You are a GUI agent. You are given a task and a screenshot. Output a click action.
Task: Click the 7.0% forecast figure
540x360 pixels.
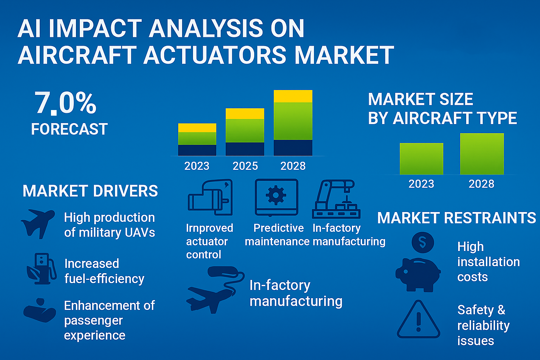click(x=65, y=103)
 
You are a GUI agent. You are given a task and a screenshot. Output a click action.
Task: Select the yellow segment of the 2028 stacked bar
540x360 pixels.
click(x=293, y=96)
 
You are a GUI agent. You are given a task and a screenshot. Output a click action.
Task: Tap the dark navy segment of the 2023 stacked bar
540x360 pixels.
click(x=197, y=150)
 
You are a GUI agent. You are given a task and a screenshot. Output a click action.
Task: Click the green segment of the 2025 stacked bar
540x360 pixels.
click(x=245, y=131)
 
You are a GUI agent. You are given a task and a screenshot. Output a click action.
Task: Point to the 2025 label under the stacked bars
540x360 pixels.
click(x=245, y=166)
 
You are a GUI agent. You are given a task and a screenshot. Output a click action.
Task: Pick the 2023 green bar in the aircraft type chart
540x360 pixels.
click(x=422, y=159)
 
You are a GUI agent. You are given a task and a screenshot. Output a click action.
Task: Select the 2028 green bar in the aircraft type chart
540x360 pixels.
click(x=482, y=154)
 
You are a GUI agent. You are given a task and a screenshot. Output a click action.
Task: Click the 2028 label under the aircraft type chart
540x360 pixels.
click(x=481, y=184)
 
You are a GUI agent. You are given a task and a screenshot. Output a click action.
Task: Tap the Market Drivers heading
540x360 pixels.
click(x=90, y=191)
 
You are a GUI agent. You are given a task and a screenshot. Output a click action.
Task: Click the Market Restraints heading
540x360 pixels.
click(x=457, y=218)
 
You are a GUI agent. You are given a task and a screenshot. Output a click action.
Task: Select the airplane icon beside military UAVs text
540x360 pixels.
click(x=38, y=224)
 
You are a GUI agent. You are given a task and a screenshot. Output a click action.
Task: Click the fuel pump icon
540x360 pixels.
click(x=42, y=269)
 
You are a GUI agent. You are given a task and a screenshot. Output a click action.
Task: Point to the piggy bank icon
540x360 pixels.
click(x=418, y=275)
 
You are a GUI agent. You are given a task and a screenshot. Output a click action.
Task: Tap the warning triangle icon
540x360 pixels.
click(x=418, y=319)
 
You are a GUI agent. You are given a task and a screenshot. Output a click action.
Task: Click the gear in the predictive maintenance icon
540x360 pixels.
click(x=276, y=195)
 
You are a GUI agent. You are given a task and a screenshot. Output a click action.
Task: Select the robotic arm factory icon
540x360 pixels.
click(x=336, y=199)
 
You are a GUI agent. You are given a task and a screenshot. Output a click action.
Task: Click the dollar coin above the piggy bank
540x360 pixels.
click(x=423, y=242)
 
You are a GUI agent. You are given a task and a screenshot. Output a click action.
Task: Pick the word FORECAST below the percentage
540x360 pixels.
click(x=69, y=129)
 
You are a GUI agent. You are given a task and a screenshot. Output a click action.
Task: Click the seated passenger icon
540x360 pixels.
click(x=40, y=310)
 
